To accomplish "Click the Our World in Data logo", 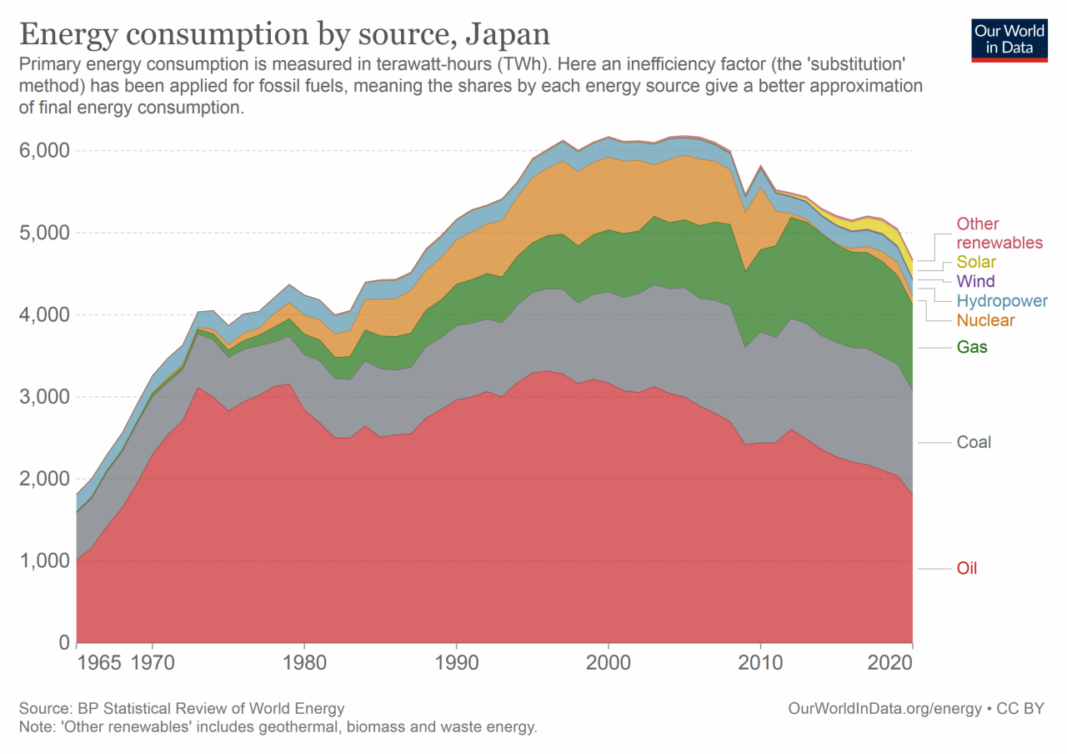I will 1008,38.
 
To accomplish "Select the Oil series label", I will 966,569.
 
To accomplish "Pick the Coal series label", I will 974,442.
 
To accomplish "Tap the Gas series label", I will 972,347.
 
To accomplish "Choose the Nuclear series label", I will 985,320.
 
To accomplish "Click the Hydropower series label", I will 1001,301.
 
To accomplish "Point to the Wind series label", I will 975,281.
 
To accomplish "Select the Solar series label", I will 976,262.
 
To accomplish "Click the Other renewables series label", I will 999,233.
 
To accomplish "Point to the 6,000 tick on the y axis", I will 42,151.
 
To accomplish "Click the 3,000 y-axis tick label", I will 42,397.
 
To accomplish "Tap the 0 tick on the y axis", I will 62,643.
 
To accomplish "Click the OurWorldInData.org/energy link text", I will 884,709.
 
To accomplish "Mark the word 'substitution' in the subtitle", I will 853,64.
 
